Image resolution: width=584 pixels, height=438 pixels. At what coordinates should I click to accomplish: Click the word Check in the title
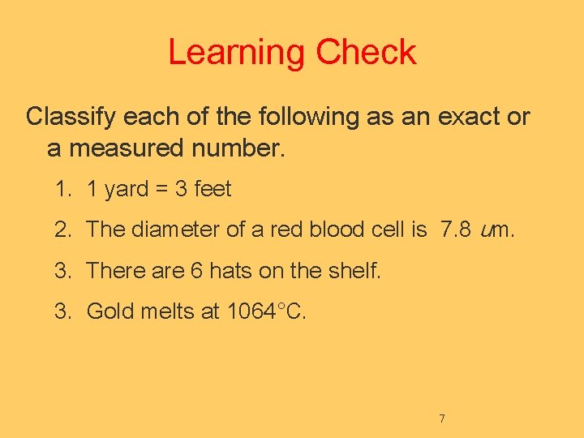[366, 53]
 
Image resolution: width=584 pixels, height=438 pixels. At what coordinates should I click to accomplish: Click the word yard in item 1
[127, 190]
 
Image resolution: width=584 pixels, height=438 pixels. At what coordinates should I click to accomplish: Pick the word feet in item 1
[213, 190]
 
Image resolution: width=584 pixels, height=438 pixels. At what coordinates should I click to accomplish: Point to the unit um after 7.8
[496, 230]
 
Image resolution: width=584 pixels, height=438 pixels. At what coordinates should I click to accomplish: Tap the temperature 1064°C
[266, 311]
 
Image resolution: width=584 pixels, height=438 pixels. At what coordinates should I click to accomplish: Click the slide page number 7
[442, 419]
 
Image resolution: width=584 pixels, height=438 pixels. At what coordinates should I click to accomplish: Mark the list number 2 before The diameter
[62, 230]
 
